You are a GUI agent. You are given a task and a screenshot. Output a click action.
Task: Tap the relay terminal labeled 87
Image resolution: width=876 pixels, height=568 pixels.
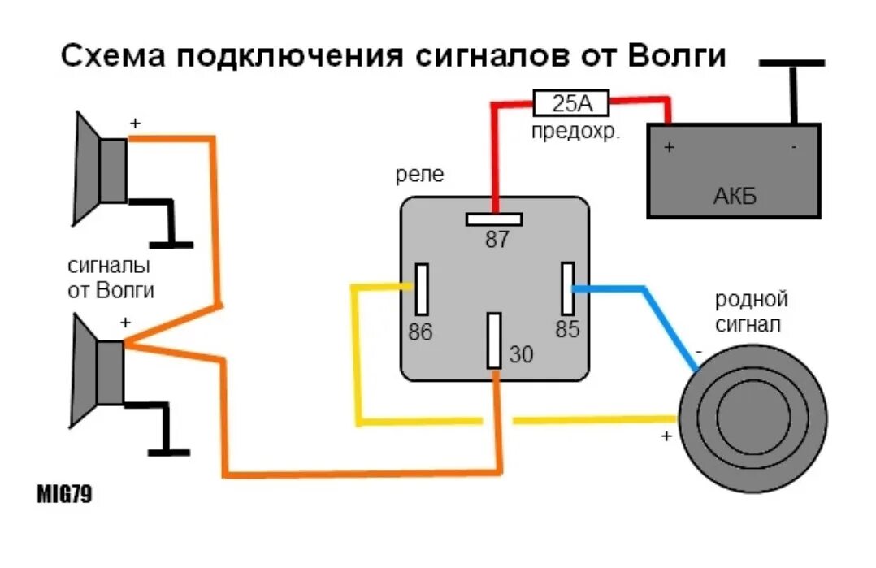click(494, 219)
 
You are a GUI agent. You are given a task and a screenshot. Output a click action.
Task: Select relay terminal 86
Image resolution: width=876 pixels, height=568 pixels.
click(422, 288)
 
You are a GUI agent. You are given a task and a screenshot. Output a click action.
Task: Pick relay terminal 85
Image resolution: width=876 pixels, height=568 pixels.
click(567, 288)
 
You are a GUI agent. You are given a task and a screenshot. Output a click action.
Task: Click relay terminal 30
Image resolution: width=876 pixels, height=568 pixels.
click(494, 340)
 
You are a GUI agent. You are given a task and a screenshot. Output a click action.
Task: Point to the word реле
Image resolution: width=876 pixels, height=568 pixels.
click(420, 175)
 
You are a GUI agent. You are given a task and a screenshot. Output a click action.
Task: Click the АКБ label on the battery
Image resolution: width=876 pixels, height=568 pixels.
click(735, 196)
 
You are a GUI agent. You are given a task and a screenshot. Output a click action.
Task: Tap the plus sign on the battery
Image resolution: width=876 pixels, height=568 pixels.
click(669, 148)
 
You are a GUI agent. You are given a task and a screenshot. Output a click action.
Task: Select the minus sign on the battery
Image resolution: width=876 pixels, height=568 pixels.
click(794, 148)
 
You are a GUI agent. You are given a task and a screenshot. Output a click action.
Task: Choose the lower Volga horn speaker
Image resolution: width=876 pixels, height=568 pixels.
click(98, 371)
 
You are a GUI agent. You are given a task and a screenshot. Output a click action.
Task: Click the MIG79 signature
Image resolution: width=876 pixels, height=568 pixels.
click(63, 495)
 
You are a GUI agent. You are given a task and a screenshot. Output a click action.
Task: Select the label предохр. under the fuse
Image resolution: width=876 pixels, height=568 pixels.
click(575, 132)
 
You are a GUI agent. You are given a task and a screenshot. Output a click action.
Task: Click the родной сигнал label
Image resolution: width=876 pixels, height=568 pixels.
click(752, 312)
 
